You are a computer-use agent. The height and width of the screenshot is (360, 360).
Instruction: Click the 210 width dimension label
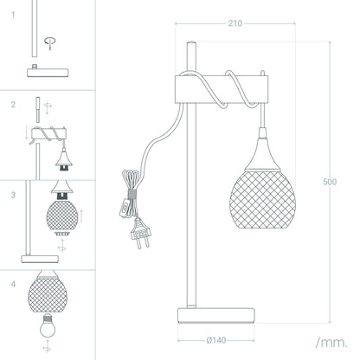pos(235,23)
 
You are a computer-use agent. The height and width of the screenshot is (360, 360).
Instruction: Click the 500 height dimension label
pos(330,182)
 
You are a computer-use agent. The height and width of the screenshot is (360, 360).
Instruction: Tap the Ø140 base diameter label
pos(216,340)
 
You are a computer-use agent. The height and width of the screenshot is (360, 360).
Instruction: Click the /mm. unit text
pos(331,343)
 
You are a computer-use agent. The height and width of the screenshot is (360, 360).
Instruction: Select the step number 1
pos(13,15)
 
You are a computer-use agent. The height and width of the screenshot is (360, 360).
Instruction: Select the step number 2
pos(13,105)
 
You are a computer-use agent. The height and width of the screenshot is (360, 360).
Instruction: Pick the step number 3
pos(13,195)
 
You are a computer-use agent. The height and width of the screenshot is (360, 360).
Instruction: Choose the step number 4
pos(13,285)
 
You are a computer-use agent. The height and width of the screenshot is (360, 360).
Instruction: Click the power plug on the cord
pos(140,233)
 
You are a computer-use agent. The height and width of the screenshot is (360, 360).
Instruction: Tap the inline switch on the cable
pos(125,208)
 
